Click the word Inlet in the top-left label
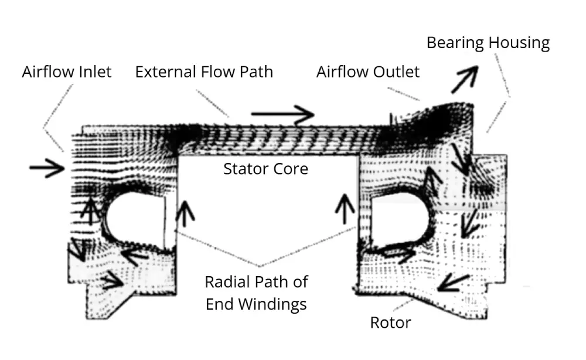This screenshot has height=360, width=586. tap(90, 72)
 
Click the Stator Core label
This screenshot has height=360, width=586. tap(265, 169)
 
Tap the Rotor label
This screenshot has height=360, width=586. tap(390, 322)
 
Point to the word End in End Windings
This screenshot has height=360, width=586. tap(219, 304)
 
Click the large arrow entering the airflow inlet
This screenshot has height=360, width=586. tap(47, 169)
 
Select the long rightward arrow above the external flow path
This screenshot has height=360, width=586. tap(282, 115)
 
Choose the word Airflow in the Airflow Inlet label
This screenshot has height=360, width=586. tap(45, 72)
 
